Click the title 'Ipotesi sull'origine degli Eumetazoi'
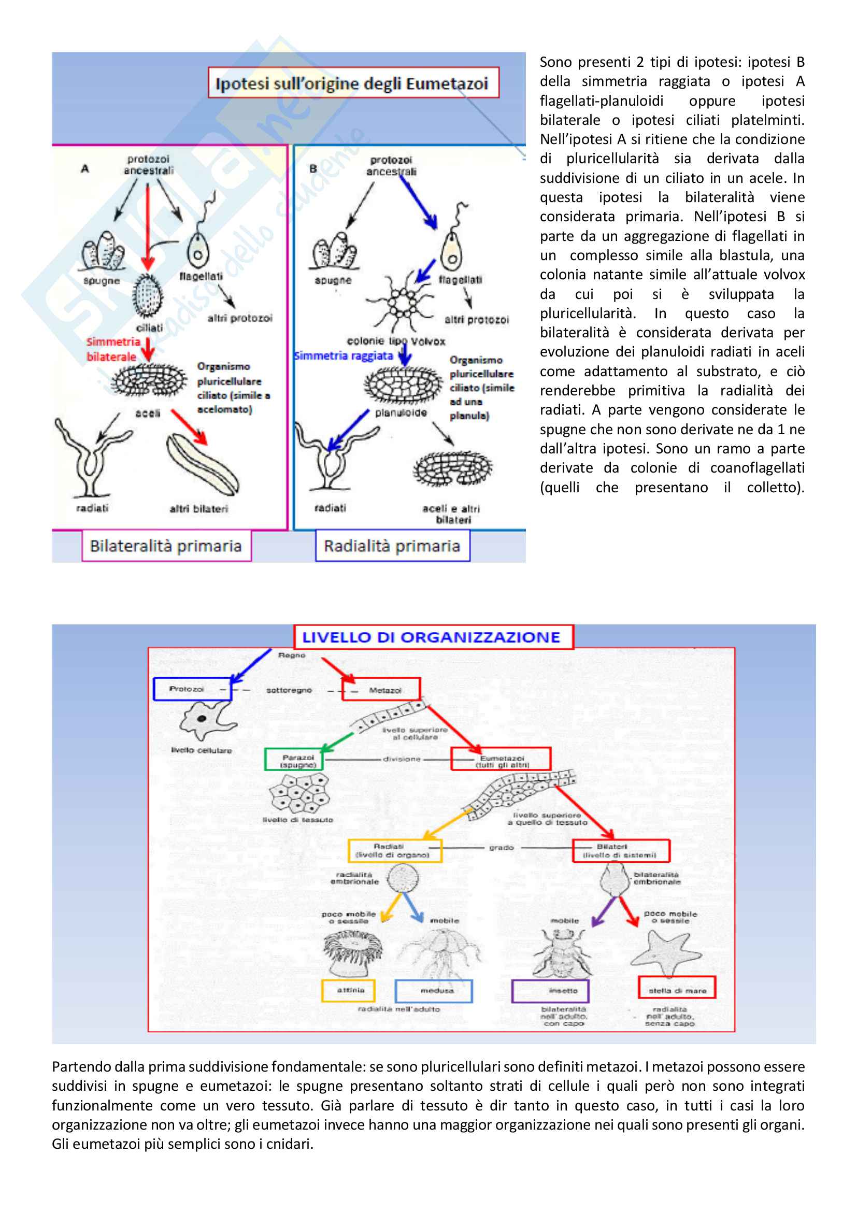click(x=352, y=83)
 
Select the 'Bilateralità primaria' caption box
click(x=166, y=545)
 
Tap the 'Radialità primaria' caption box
click(x=392, y=545)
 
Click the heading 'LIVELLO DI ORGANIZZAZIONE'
click(x=432, y=637)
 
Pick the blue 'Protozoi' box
click(x=192, y=689)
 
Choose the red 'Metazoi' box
click(x=381, y=689)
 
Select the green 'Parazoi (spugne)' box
click(x=294, y=760)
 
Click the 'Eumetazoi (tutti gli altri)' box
click(x=501, y=759)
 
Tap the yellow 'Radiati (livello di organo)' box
click(x=395, y=851)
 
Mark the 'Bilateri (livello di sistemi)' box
click(x=621, y=851)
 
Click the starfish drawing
click(x=666, y=954)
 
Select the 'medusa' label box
click(x=434, y=991)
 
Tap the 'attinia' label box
click(x=348, y=990)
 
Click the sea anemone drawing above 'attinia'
click(x=351, y=952)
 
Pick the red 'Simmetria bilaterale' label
click(x=113, y=349)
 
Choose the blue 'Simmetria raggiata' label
click(x=344, y=356)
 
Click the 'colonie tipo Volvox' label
click(x=396, y=341)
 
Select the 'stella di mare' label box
click(x=677, y=991)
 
